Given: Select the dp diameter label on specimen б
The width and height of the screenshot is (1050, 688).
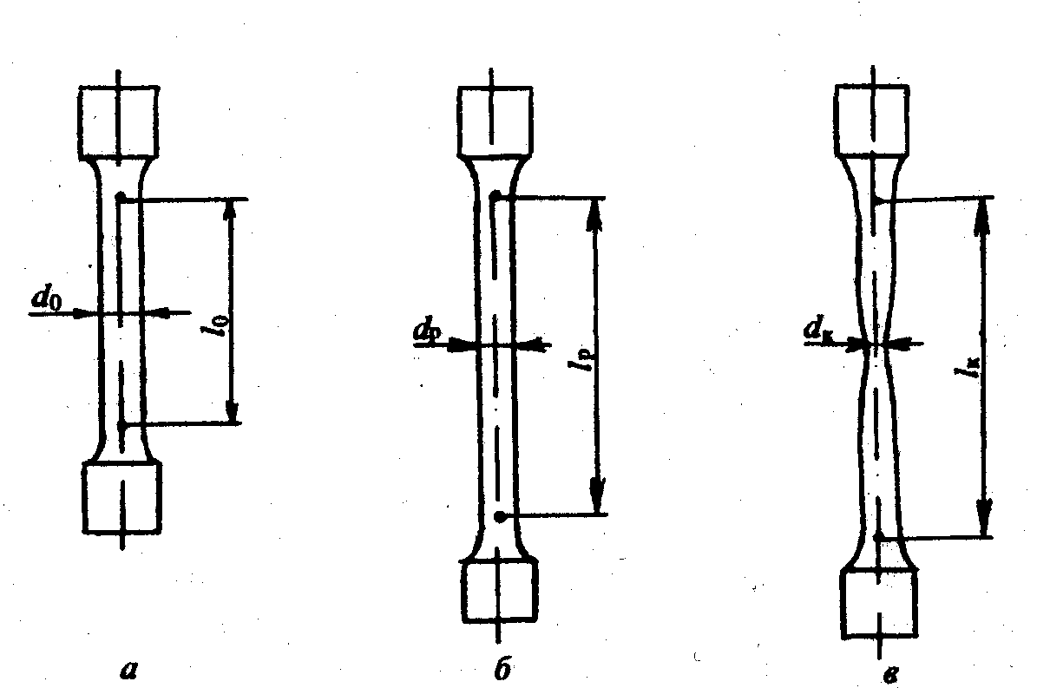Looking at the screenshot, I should [426, 331].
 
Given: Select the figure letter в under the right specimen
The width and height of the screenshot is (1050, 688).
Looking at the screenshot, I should [880, 671].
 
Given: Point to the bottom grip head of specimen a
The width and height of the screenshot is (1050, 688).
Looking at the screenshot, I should [122, 496].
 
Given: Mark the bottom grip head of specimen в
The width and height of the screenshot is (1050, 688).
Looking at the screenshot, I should [880, 605].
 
